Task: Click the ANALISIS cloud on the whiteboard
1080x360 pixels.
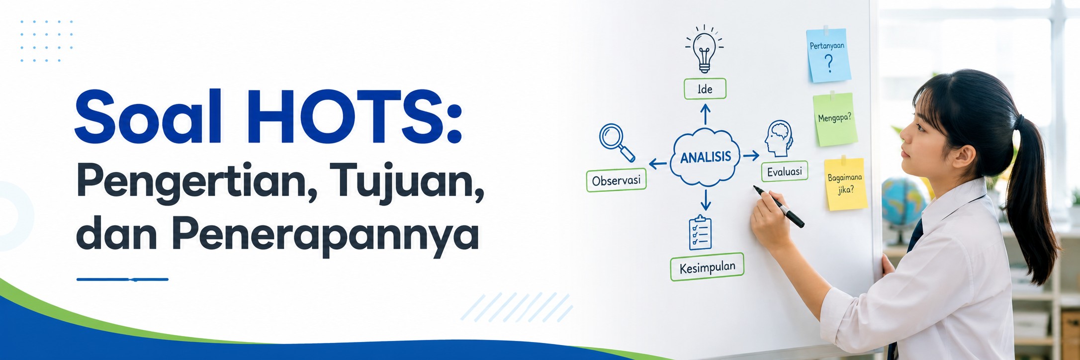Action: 705,157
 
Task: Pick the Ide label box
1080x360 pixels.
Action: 705,89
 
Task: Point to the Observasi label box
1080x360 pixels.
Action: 616,180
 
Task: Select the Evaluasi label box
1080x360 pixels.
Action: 784,172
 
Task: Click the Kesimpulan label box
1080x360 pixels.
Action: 707,268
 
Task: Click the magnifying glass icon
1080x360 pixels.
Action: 617,142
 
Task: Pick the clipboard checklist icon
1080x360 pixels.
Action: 700,232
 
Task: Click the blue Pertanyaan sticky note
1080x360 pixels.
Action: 828,55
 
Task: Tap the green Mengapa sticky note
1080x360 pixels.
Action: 835,119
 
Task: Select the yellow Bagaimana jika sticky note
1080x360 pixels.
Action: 845,183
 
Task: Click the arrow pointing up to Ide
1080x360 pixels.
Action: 705,114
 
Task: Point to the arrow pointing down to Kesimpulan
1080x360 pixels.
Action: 705,199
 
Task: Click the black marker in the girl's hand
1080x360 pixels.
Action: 779,207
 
